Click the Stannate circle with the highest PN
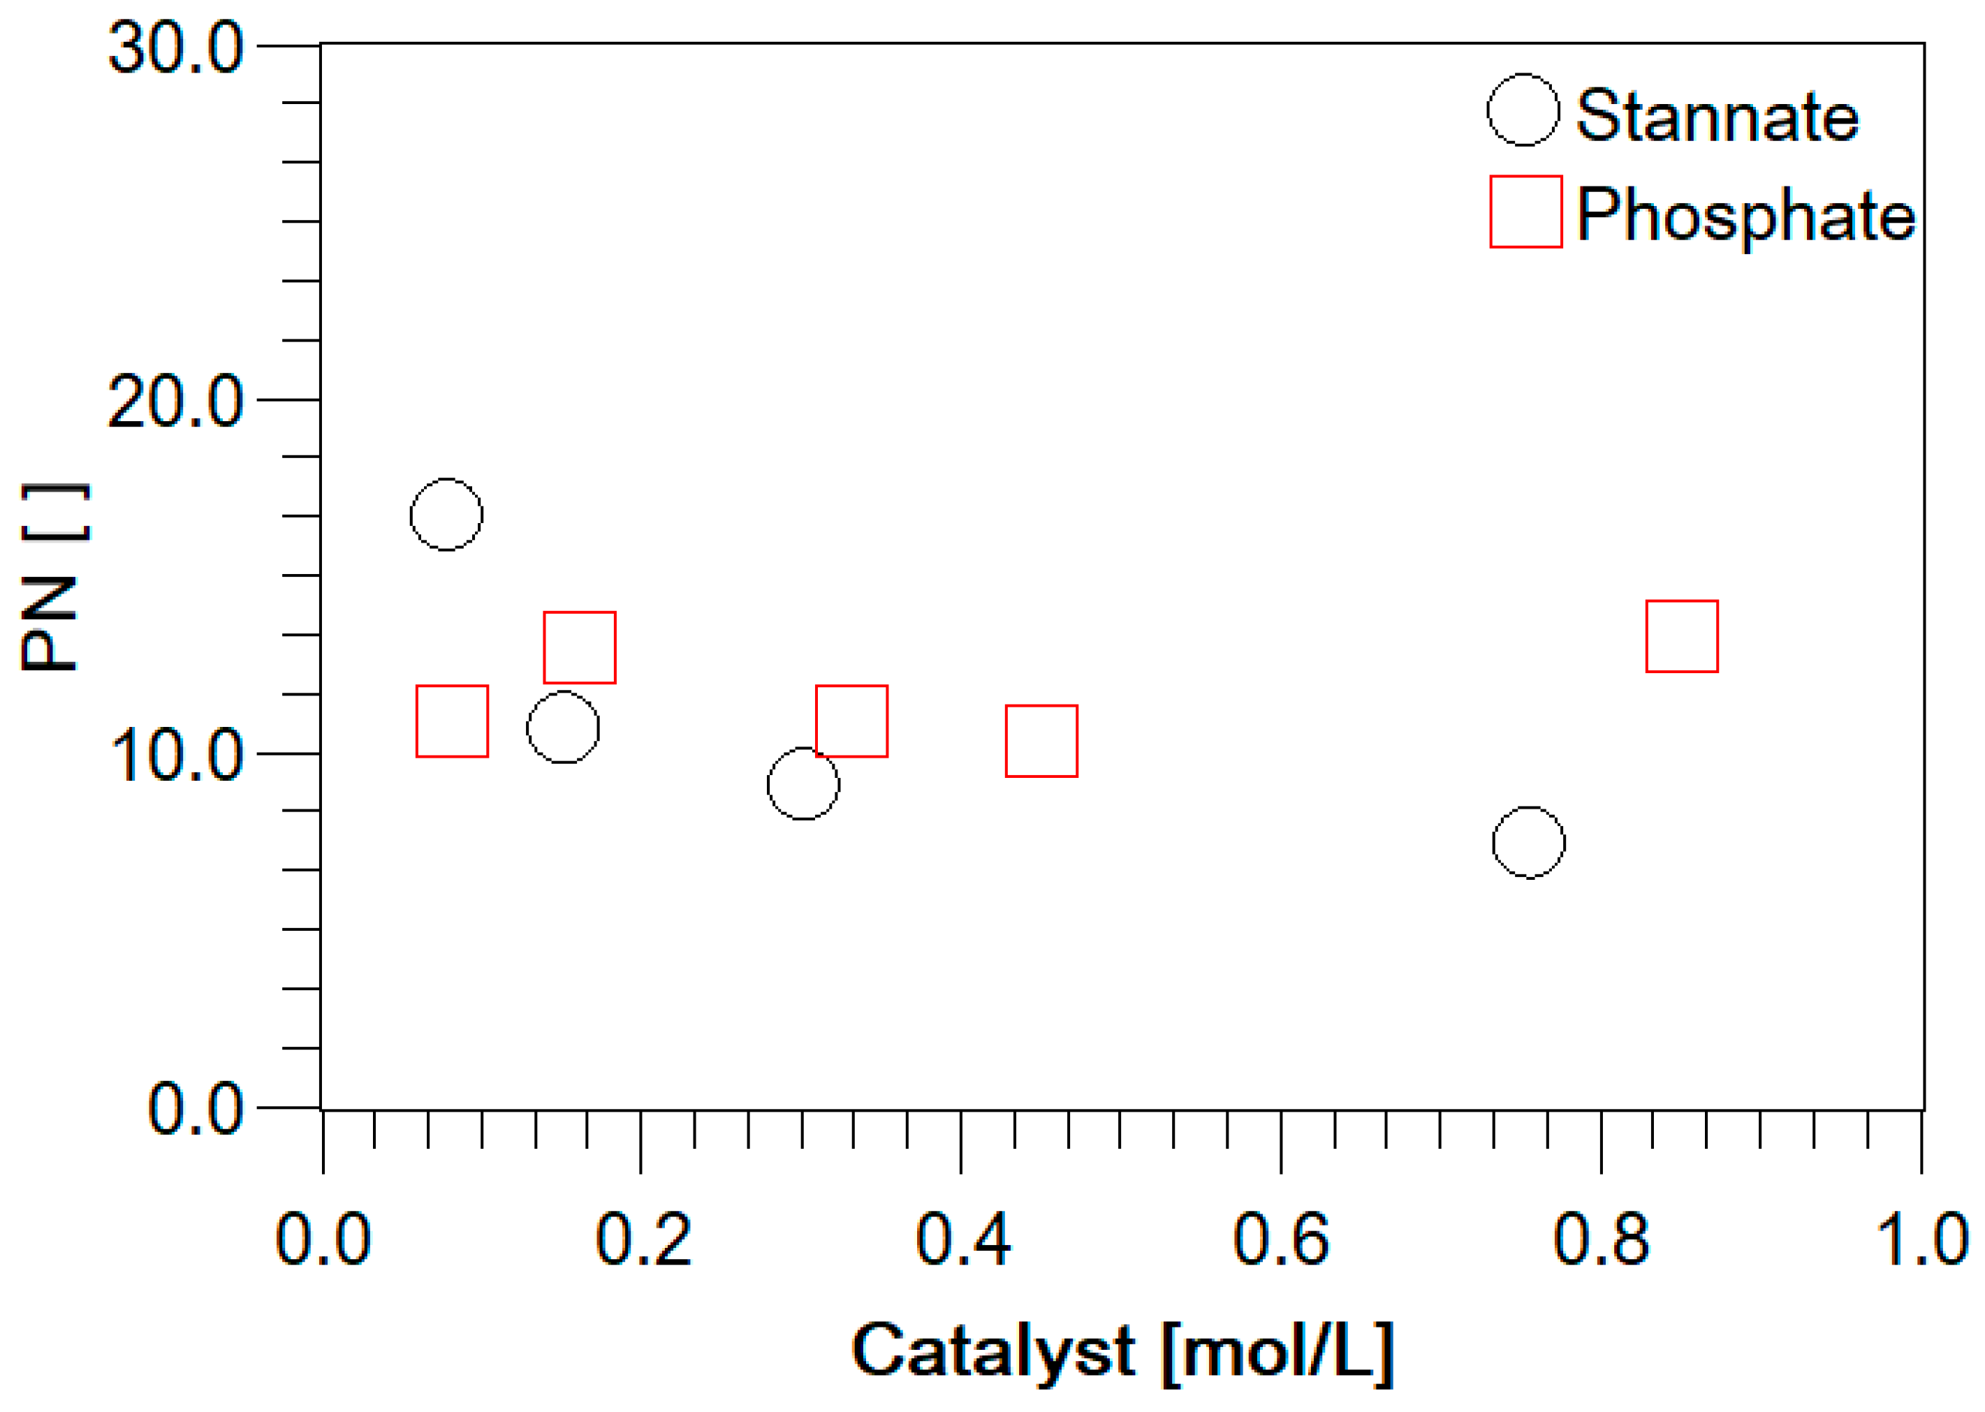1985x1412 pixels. [446, 515]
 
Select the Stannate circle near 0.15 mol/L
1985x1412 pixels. [564, 728]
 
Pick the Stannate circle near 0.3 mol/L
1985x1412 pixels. [803, 784]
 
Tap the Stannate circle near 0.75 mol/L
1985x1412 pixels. [1528, 842]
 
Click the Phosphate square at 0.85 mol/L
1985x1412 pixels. [1682, 636]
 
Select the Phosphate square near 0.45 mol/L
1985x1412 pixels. [1041, 741]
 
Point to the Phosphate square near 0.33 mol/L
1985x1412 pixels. [851, 721]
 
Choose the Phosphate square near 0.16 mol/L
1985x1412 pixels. [580, 648]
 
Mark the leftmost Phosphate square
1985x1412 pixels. [452, 721]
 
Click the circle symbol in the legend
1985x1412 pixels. [1523, 110]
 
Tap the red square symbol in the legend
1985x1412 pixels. [1526, 212]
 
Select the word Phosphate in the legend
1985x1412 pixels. [1745, 215]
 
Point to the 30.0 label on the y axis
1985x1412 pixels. [175, 47]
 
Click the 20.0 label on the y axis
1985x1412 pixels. [175, 402]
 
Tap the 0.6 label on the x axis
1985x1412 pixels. [1281, 1240]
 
